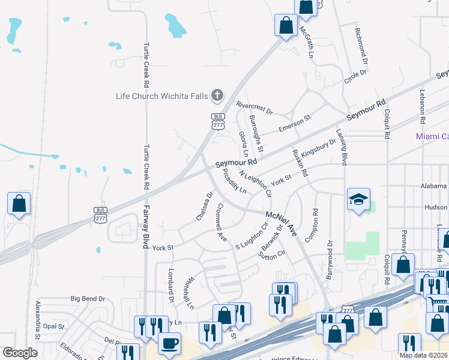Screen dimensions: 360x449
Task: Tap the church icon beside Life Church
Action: pyautogui.click(x=217, y=95)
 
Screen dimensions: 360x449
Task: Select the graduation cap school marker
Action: pyautogui.click(x=358, y=200)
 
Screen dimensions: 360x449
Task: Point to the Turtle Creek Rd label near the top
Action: pyautogui.click(x=145, y=66)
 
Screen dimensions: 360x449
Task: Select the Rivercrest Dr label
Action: pyautogui.click(x=254, y=107)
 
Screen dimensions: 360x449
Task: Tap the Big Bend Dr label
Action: pyautogui.click(x=88, y=298)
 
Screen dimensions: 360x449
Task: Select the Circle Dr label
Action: pyautogui.click(x=355, y=77)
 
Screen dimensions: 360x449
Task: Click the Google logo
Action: pyautogui.click(x=20, y=353)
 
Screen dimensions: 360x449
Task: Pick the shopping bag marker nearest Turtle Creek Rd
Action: pyautogui.click(x=19, y=204)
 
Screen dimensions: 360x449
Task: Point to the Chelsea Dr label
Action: pyautogui.click(x=205, y=206)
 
